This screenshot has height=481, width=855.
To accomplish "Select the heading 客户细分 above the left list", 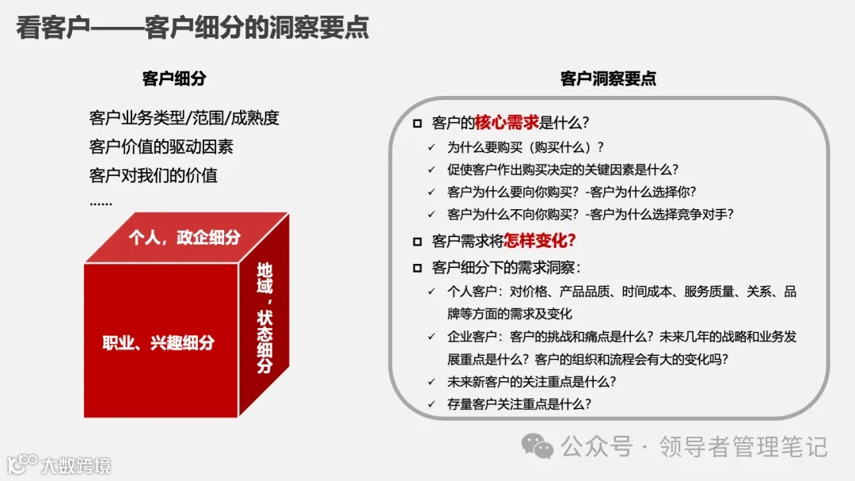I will (x=174, y=78).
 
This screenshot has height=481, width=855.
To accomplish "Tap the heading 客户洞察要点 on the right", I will (x=608, y=78).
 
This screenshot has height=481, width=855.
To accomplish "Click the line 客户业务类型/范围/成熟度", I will (x=184, y=119).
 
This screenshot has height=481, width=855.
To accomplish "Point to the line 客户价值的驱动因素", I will (x=161, y=147).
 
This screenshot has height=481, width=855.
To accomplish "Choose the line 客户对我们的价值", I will (x=153, y=174).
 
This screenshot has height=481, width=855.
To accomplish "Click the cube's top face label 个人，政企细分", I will (x=184, y=237).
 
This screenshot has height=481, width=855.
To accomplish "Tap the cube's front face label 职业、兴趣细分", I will (x=158, y=343).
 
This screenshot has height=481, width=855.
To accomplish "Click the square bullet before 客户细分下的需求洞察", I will (x=417, y=268).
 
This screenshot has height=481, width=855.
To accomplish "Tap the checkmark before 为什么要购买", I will (x=431, y=147).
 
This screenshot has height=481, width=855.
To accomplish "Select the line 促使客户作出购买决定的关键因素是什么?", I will (x=563, y=169).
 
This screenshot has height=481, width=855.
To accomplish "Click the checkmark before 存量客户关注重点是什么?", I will (x=431, y=403).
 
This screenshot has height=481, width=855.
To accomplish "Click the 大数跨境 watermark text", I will (x=76, y=464).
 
